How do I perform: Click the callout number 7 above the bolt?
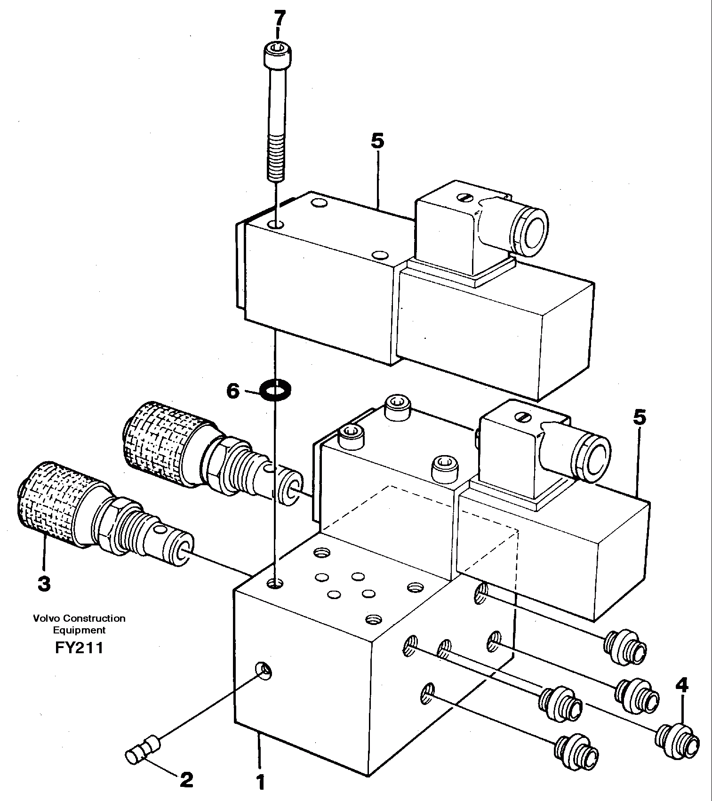(x=279, y=20)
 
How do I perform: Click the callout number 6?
(x=233, y=391)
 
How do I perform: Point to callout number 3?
(x=43, y=584)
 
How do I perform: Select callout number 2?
(x=187, y=780)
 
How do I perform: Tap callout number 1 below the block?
(x=260, y=783)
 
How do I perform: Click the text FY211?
(x=79, y=648)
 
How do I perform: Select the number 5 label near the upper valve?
(x=377, y=141)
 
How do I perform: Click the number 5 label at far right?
(x=640, y=417)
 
